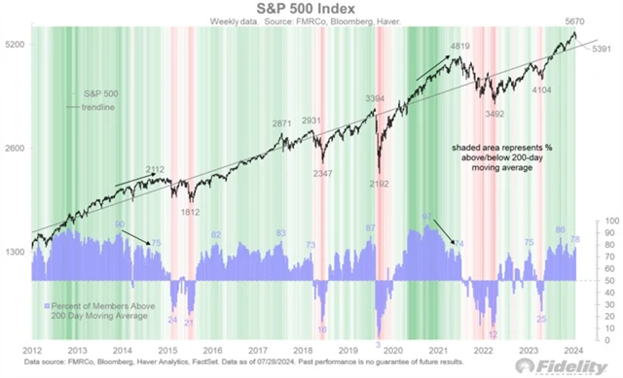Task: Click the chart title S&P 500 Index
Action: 311,9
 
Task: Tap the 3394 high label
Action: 374,99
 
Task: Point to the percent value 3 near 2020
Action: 378,345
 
